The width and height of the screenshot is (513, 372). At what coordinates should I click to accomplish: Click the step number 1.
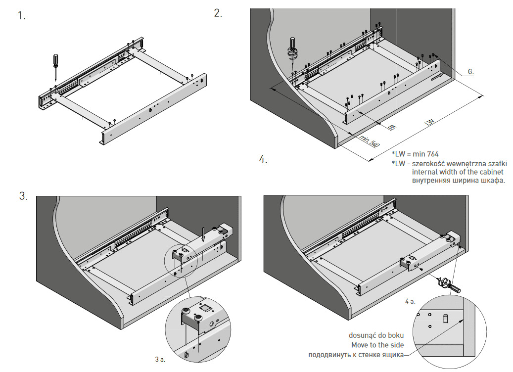(21, 16)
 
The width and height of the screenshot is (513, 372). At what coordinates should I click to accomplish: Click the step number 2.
(218, 13)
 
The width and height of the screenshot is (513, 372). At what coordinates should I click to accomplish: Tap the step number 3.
(23, 196)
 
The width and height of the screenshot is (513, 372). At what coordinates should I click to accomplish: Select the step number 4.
(263, 159)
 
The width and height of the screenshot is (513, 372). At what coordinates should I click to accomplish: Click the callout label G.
(470, 72)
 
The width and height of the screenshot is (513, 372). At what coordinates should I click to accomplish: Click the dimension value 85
(392, 127)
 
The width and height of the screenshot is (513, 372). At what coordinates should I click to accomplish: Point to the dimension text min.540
(369, 141)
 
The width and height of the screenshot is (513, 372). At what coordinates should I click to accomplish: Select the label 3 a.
(160, 359)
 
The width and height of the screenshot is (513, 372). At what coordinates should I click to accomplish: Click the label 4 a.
(410, 300)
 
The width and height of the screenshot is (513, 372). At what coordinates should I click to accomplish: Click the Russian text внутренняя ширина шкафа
(458, 181)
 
